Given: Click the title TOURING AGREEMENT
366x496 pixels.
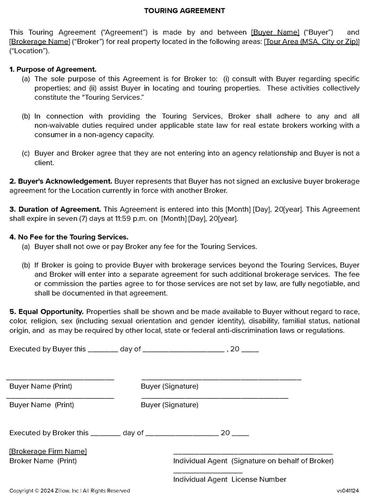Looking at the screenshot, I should [184, 11].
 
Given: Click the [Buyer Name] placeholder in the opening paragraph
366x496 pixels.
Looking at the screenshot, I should [275, 32].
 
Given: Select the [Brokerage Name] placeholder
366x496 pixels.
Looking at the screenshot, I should [40, 42].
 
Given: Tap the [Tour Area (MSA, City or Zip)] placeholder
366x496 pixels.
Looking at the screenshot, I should [312, 42].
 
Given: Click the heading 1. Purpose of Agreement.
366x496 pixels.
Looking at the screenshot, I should [53, 69].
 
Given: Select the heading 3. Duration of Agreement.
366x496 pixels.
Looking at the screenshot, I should [55, 209].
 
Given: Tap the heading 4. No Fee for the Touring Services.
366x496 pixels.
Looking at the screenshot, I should [69, 237].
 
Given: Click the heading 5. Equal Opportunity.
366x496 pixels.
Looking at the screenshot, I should [47, 312].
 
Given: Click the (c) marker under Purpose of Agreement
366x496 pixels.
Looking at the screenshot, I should [26, 153].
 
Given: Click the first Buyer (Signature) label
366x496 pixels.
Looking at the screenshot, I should [169, 386].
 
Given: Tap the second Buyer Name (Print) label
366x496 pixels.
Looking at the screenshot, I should [42, 405].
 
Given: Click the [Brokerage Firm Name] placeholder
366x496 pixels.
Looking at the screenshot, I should [48, 451].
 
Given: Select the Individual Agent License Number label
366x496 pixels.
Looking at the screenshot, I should [230, 479].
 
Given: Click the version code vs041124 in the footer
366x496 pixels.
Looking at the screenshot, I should [348, 490].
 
